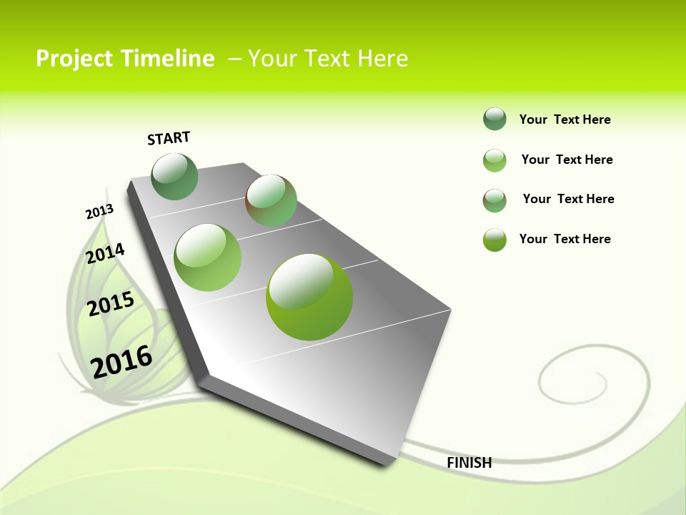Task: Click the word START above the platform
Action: (x=169, y=138)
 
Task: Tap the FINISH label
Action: (x=469, y=463)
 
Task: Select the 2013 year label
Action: (x=99, y=212)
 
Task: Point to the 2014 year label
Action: (x=105, y=254)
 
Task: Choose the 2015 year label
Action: (x=111, y=304)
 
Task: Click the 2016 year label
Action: (x=121, y=362)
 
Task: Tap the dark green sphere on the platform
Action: (x=174, y=177)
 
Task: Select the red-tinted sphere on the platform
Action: (x=271, y=200)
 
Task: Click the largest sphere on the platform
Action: (x=309, y=297)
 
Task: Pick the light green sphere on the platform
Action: (x=208, y=257)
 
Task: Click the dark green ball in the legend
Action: (x=494, y=119)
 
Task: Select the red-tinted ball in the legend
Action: (x=494, y=200)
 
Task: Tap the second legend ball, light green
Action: (x=494, y=160)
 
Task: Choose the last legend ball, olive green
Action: (x=494, y=240)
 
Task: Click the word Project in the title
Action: (x=74, y=59)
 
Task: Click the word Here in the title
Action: (x=382, y=59)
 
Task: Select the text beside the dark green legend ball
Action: (x=565, y=119)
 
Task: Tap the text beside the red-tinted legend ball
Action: (x=568, y=199)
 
